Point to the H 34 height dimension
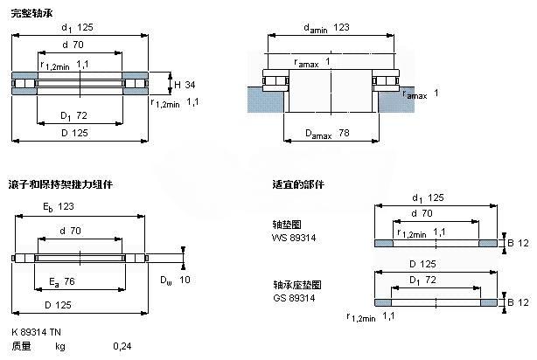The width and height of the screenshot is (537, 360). click(x=185, y=84)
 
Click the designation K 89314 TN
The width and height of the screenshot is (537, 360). click(x=38, y=333)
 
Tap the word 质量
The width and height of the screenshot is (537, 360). click(x=22, y=347)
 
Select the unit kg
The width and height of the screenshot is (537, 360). click(x=61, y=347)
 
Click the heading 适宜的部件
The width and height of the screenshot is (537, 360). click(x=298, y=185)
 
